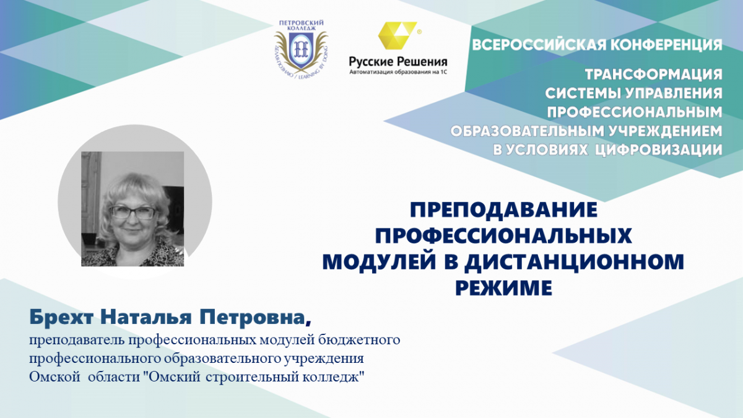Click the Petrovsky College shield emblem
tap(301, 50)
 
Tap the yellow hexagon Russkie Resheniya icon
tap(398, 35)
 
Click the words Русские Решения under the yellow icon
tap(398, 62)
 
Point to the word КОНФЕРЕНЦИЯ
tap(667, 45)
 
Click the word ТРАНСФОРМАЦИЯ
tap(653, 74)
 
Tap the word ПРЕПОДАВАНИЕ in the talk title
tap(503, 209)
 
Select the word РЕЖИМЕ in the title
tap(503, 287)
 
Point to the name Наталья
tap(146, 317)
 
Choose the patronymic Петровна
tap(253, 317)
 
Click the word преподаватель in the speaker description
tap(77, 341)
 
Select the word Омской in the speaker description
tap(54, 378)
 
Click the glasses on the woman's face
tap(133, 212)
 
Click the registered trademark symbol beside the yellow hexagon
tap(419, 32)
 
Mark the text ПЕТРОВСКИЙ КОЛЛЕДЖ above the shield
tap(301, 26)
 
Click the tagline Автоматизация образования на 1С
tap(398, 72)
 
